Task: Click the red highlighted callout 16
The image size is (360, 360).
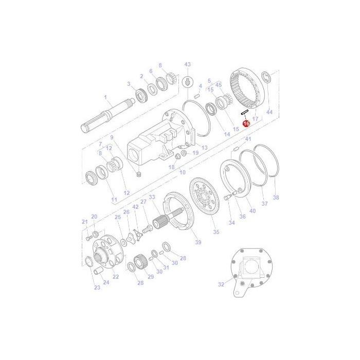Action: pyautogui.click(x=246, y=123)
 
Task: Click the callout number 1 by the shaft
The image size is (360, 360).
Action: pyautogui.click(x=105, y=97)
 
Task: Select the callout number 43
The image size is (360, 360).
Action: pyautogui.click(x=187, y=64)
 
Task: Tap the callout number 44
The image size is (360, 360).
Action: pyautogui.click(x=269, y=112)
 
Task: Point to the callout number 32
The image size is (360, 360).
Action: pyautogui.click(x=221, y=283)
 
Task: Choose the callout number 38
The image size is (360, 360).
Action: pyautogui.click(x=276, y=197)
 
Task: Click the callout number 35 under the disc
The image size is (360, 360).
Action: pyautogui.click(x=216, y=232)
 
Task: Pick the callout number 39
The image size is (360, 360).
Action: pyautogui.click(x=198, y=242)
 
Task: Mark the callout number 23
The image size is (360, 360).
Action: pyautogui.click(x=97, y=287)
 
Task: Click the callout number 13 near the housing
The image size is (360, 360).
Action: pyautogui.click(x=204, y=148)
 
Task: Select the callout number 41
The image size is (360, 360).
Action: pyautogui.click(x=248, y=139)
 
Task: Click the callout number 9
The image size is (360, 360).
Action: pyautogui.click(x=111, y=137)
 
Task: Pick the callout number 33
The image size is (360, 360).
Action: pyautogui.click(x=152, y=197)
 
